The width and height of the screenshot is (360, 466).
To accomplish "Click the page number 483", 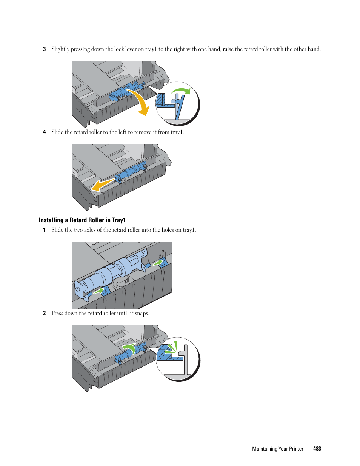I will tap(317, 449).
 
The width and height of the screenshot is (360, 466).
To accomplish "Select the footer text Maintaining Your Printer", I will tap(277, 449).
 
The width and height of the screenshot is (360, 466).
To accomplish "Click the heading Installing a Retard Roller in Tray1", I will tap(82, 220).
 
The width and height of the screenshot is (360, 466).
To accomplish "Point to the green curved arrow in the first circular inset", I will tap(181, 91).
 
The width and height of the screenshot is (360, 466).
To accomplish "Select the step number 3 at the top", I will tap(44, 49).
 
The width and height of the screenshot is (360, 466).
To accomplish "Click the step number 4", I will tap(44, 132).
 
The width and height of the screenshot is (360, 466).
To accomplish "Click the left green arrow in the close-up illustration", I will tap(98, 291).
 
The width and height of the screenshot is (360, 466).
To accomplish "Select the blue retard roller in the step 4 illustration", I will tap(130, 172).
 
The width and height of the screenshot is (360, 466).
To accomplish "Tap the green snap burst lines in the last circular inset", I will tap(172, 348).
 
